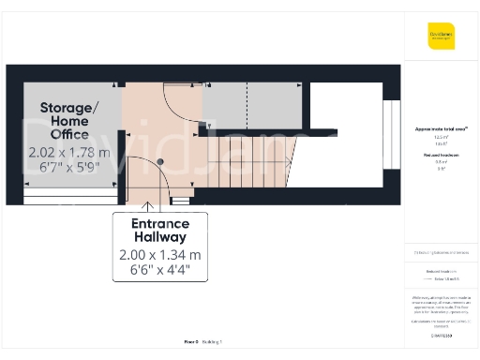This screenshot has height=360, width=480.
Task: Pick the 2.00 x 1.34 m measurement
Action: pyautogui.click(x=159, y=255)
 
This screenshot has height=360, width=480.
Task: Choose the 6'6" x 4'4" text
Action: pyautogui.click(x=159, y=272)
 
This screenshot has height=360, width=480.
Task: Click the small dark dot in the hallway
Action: pyautogui.click(x=160, y=161)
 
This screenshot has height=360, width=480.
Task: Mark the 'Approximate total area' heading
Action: pyautogui.click(x=441, y=128)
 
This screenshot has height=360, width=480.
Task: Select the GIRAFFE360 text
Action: pyautogui.click(x=441, y=335)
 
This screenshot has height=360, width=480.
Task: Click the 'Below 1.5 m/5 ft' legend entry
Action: pyautogui.click(x=441, y=279)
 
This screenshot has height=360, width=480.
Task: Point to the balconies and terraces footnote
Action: pyautogui.click(x=441, y=253)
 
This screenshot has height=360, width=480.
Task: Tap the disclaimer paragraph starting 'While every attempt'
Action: pyautogui.click(x=441, y=305)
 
